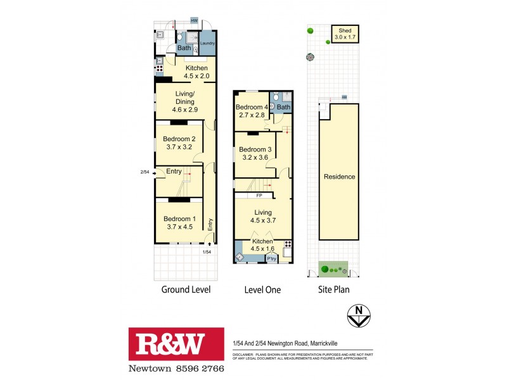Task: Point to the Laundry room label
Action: [x=208, y=44]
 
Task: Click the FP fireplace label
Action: [x=260, y=196]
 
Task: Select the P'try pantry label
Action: [x=271, y=258]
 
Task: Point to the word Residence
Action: [x=339, y=177]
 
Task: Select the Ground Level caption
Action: [x=184, y=290]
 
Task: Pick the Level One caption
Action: [x=262, y=290]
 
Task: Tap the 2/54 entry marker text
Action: [x=144, y=172]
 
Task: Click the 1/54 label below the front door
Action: [x=206, y=252]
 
